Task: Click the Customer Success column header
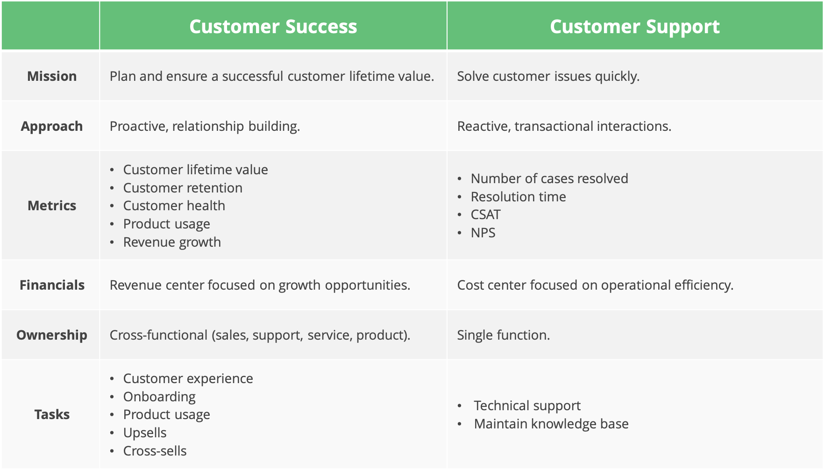(273, 27)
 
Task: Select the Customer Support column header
(634, 27)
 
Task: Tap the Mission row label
(52, 76)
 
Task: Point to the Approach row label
(52, 126)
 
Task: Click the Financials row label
(52, 285)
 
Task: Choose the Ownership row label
(52, 335)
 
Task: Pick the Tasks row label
(52, 414)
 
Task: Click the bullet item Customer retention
(183, 188)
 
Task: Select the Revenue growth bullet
(172, 242)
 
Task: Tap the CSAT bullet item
(485, 214)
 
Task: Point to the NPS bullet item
(483, 233)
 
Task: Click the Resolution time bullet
(518, 197)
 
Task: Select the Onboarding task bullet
(159, 397)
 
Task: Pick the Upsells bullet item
(145, 433)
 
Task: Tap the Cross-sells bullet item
(155, 451)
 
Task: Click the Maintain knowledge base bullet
(551, 424)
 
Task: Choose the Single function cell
(503, 335)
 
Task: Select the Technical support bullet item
(527, 406)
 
